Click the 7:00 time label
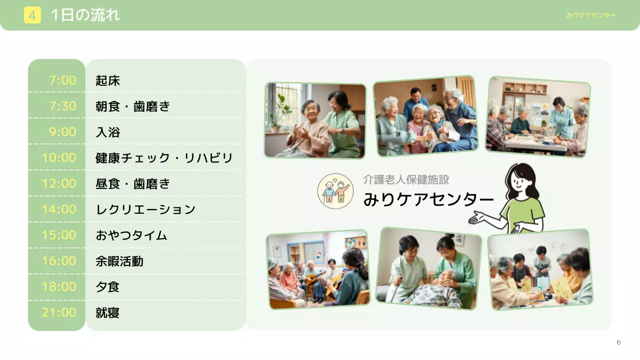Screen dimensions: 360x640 63,80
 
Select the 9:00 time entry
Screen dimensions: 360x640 63,132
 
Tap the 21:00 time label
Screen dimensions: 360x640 59,313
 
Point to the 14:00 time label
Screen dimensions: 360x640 59,209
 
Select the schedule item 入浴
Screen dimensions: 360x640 107,132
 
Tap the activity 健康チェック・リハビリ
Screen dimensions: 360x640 164,158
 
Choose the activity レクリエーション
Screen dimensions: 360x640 145,209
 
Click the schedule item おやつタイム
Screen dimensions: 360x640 131,235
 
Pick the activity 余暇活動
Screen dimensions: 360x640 119,261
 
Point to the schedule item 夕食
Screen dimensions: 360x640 107,287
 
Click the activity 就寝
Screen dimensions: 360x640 107,313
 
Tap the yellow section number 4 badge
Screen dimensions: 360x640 32,15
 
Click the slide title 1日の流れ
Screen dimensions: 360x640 85,15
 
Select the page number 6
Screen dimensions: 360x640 618,342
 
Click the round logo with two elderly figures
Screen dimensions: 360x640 335,191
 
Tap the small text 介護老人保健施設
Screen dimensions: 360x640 406,179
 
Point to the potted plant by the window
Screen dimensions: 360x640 281,112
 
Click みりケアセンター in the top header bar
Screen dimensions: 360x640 591,15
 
